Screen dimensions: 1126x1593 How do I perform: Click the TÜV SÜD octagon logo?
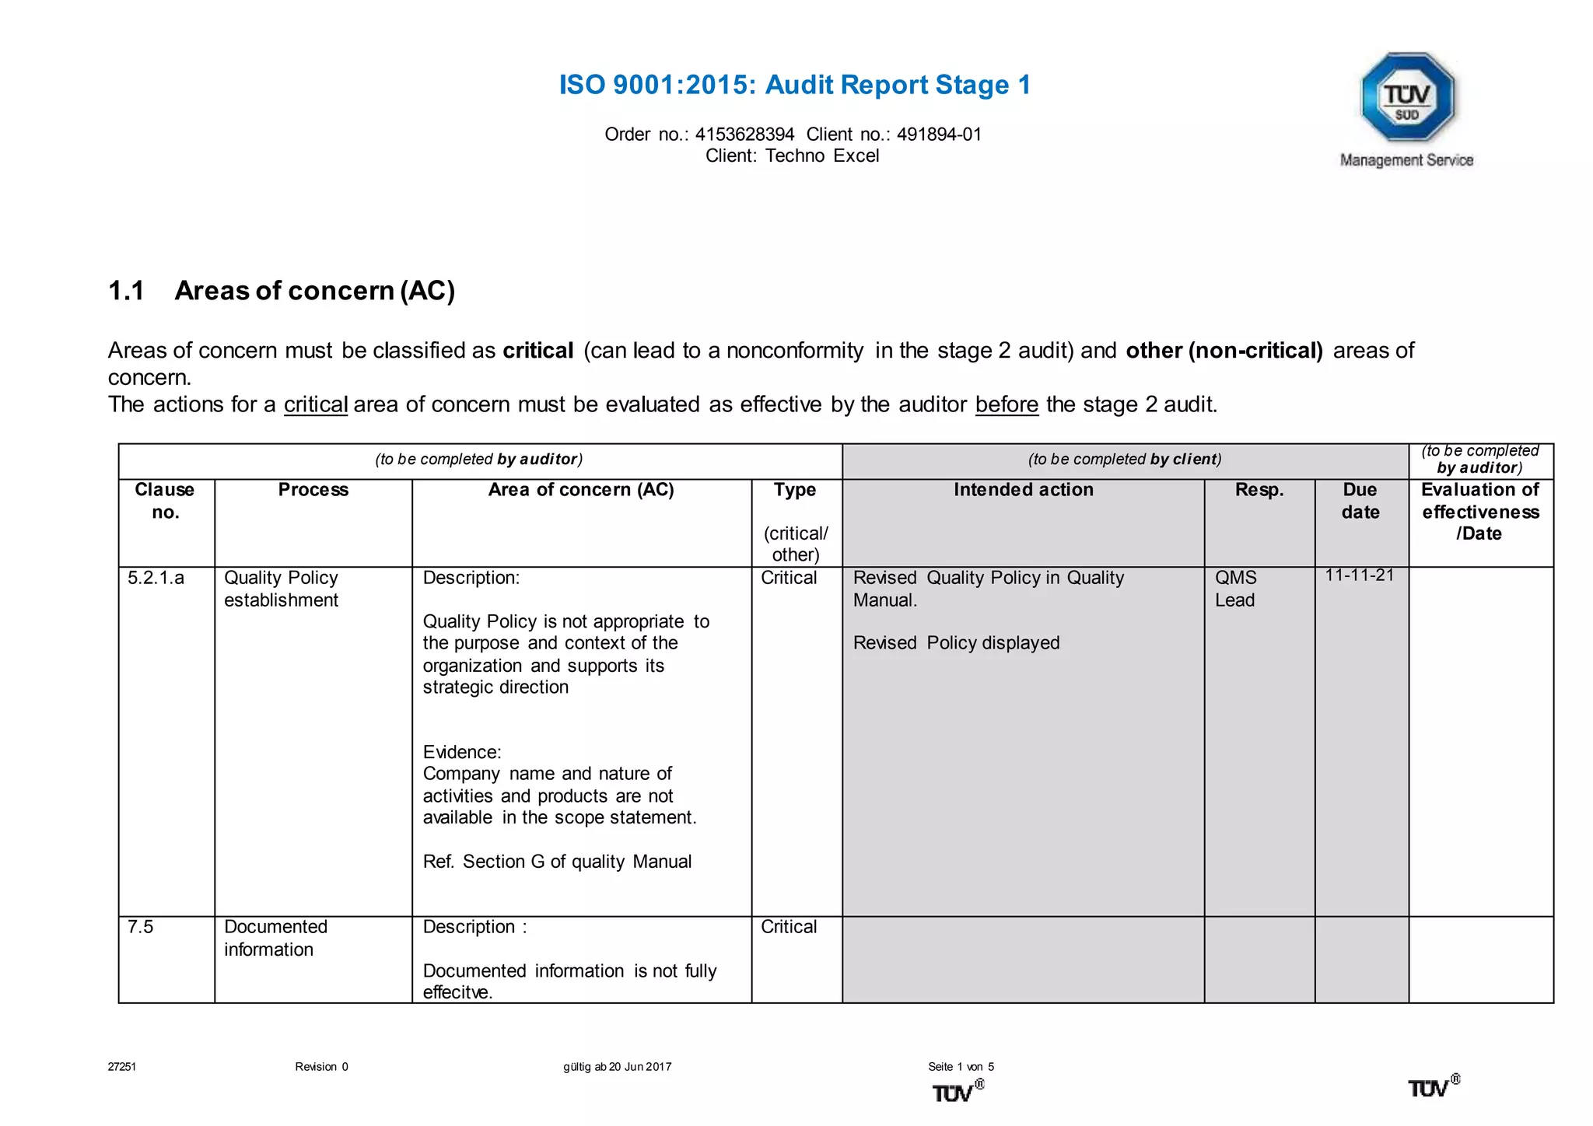coord(1407,97)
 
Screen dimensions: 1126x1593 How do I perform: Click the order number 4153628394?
coord(744,135)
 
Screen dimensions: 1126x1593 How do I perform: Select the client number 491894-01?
coord(939,135)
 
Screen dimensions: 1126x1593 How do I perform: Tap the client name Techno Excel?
coord(822,156)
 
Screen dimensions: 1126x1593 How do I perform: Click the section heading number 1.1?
coord(126,291)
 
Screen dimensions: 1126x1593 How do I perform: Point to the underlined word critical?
coord(316,404)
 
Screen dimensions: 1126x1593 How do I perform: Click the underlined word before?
coord(1007,404)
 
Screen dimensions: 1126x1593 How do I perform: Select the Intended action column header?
coord(1023,490)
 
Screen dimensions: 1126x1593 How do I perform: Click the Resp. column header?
coord(1259,490)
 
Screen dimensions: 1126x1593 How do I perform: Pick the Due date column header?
coord(1360,501)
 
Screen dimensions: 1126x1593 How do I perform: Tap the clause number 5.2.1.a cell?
coord(156,578)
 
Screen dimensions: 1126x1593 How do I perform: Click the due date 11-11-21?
coord(1360,575)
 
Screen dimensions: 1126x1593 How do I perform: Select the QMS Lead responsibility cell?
coord(1235,589)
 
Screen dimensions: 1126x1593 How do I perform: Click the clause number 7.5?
coord(141,927)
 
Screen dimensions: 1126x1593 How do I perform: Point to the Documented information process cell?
coord(275,938)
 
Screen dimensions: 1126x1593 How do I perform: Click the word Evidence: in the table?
coord(462,752)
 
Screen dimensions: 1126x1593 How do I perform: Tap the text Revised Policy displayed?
coord(956,643)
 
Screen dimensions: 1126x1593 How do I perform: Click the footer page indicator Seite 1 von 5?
coord(961,1067)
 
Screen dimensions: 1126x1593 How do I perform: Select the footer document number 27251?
coord(122,1067)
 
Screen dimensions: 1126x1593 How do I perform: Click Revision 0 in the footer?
coord(321,1067)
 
